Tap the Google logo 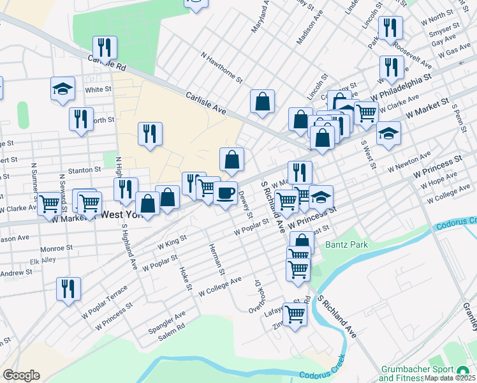[x=21, y=375]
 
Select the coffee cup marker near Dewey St [x=224, y=193]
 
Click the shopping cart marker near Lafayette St [x=295, y=314]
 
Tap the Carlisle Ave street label [x=206, y=103]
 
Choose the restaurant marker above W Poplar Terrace [x=68, y=289]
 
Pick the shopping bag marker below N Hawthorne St [x=262, y=101]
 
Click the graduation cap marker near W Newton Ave [x=388, y=133]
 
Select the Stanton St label [x=85, y=170]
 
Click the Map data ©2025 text [x=450, y=378]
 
